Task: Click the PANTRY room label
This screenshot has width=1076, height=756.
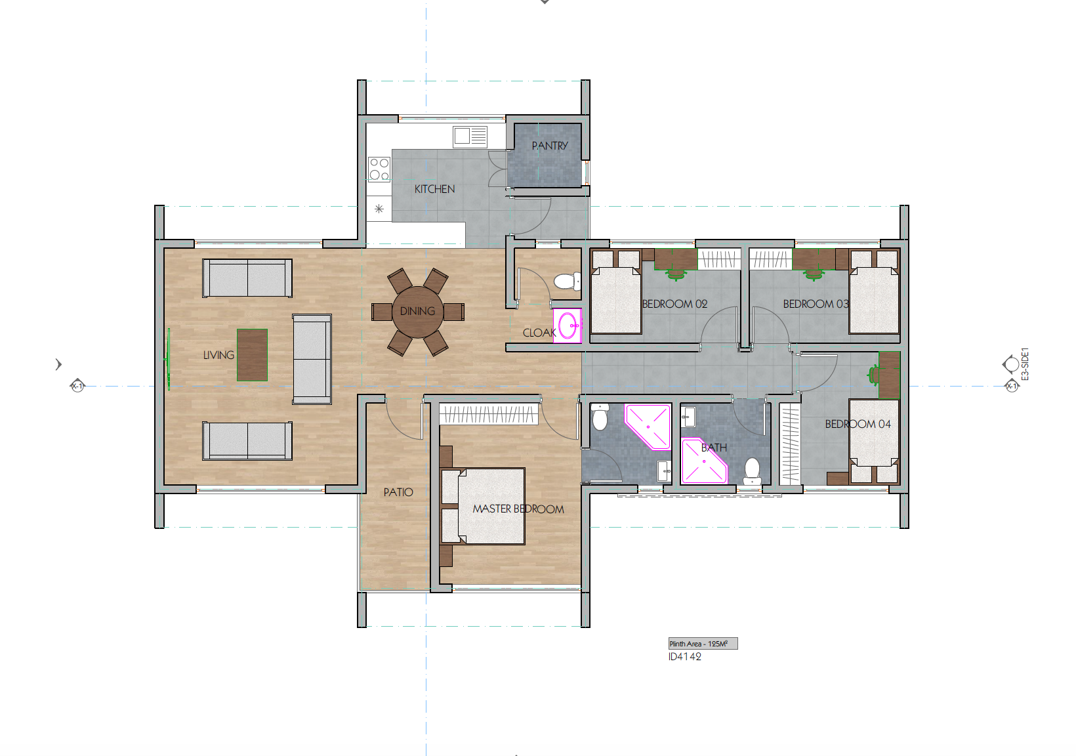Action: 549,146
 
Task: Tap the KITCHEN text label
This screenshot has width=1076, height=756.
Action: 434,189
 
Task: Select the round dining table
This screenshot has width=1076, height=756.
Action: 417,311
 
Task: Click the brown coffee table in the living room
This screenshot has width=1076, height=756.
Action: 252,355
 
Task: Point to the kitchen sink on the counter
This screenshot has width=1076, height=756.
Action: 470,136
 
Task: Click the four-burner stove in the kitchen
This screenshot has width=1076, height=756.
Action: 379,169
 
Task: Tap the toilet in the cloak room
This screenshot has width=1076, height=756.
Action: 566,282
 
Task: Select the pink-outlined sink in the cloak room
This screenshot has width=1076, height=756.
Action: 568,325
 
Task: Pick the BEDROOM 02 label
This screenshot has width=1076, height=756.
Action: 674,304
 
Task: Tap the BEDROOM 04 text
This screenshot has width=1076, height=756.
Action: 858,424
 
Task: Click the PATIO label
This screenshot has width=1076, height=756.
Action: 398,492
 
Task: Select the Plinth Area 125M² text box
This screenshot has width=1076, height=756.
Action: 703,644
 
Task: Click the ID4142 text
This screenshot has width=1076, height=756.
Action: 684,656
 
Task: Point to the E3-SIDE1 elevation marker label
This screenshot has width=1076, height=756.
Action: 1025,364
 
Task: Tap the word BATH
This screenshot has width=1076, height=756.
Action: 714,448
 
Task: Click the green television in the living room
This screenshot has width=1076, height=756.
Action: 169,359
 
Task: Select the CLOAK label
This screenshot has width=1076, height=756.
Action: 539,333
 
